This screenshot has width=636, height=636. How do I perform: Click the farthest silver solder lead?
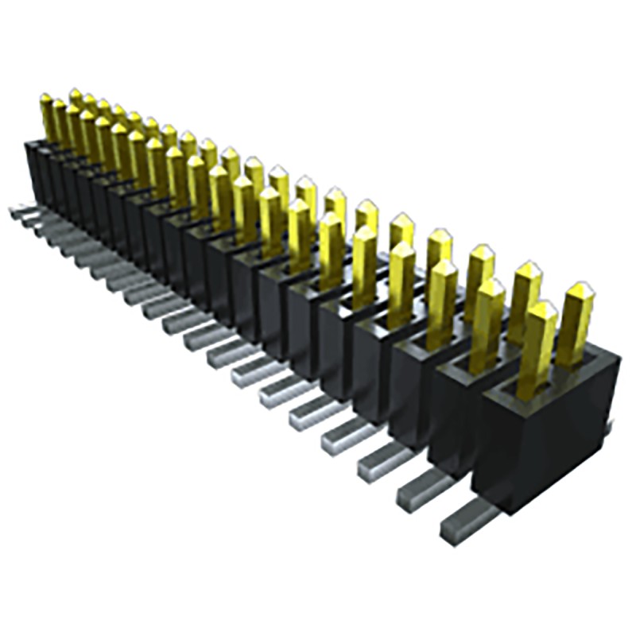19,211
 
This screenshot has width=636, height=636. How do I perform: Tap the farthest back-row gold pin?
76,99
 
